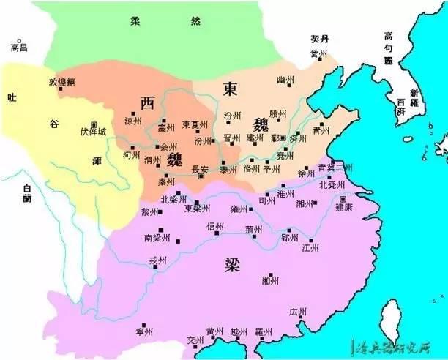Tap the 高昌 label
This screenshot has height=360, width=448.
pos(18,48)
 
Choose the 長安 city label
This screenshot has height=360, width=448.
pos(199,170)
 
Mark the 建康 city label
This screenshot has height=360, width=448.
pos(345,207)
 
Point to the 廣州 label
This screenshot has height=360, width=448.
pos(298,312)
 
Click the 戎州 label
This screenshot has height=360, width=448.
pos(158,260)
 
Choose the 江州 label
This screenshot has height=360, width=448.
pos(310,249)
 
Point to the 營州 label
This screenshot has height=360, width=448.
pos(318,55)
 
